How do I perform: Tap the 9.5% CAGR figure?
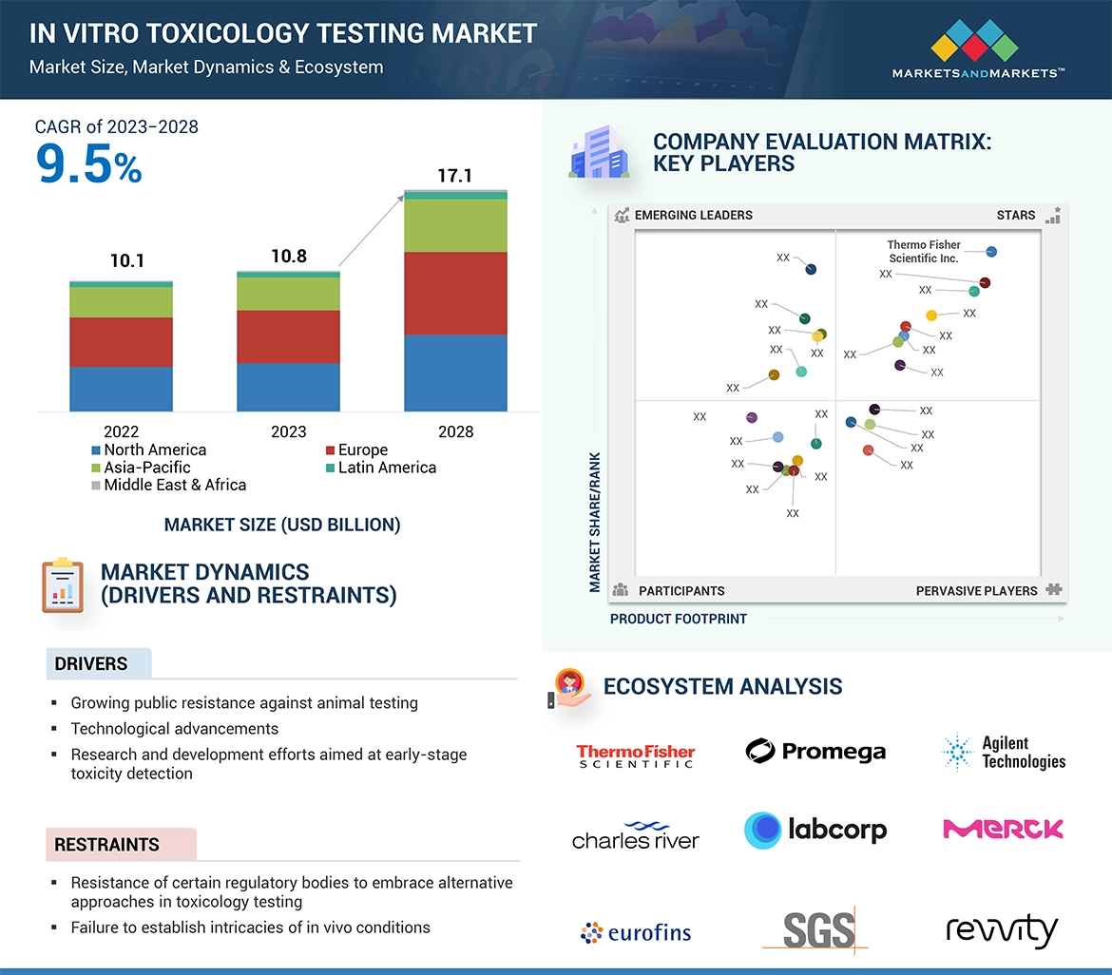[x=88, y=165]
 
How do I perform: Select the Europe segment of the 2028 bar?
[x=455, y=293]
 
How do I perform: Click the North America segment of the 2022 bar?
[x=121, y=389]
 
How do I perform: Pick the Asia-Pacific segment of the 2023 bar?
[x=288, y=294]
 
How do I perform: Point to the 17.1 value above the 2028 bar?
[x=454, y=176]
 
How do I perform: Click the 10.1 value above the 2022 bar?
[x=126, y=260]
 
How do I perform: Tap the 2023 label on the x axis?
[x=288, y=431]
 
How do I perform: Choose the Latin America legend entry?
[x=380, y=468]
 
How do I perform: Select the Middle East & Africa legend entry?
[x=168, y=485]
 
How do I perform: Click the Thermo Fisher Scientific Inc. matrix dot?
[x=991, y=252]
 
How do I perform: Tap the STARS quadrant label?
[x=1016, y=215]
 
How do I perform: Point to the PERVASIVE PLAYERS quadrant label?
[x=976, y=590]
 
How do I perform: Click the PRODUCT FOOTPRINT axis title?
[x=679, y=619]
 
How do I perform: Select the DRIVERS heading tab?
[x=91, y=663]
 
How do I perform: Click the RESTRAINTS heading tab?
[x=106, y=844]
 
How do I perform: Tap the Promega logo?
[x=815, y=752]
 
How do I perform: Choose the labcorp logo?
[x=815, y=830]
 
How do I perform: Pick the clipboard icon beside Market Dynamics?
[x=63, y=584]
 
